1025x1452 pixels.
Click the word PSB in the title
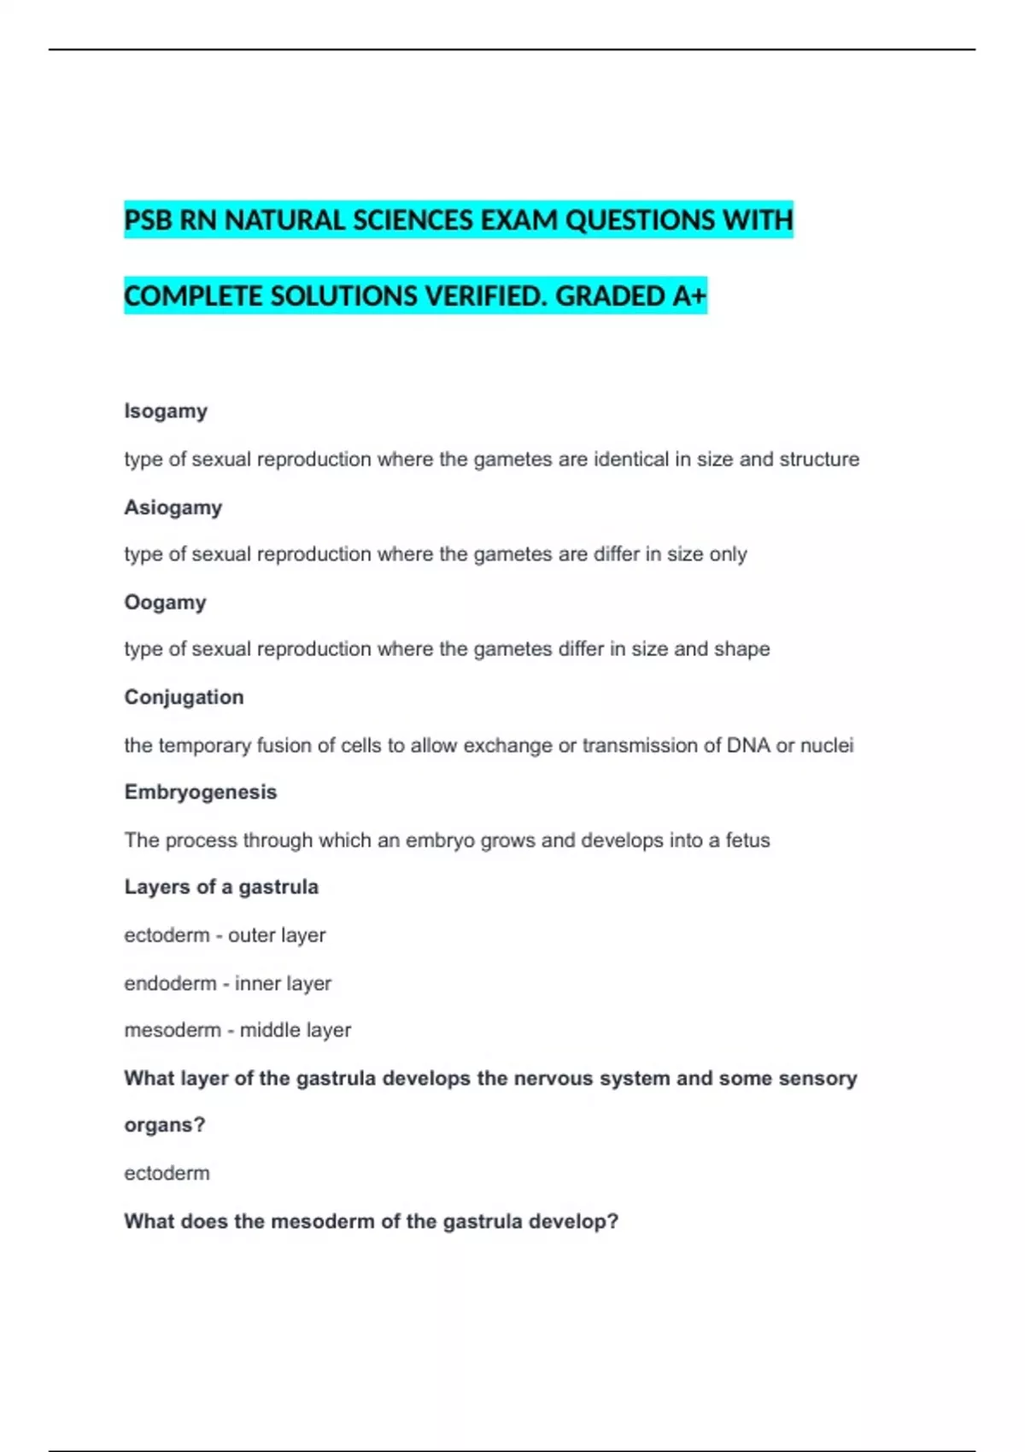tap(148, 220)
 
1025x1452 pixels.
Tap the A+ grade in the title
tap(689, 296)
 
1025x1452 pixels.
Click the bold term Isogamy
tap(166, 411)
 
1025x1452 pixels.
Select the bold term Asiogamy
tap(173, 507)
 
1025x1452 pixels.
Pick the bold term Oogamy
tap(166, 602)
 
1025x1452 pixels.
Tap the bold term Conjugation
tap(184, 697)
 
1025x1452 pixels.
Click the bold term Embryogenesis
tap(201, 792)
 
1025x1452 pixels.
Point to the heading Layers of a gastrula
tap(221, 887)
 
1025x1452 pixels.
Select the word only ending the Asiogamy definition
tap(728, 554)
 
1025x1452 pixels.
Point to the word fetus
tap(747, 840)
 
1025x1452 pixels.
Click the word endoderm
tap(170, 984)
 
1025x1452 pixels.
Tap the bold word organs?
tap(165, 1125)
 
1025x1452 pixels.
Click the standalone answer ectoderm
tap(167, 1174)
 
